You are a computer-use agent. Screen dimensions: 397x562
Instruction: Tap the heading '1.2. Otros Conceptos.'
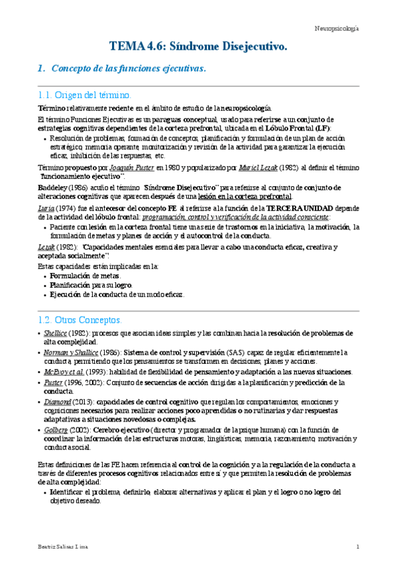[x=80, y=319]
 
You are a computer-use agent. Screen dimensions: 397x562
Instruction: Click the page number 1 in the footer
[x=357, y=547]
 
